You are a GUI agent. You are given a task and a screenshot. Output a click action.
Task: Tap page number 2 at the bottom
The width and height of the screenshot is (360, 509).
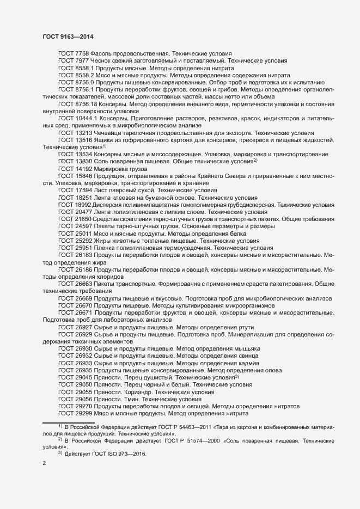[x=44, y=464]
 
